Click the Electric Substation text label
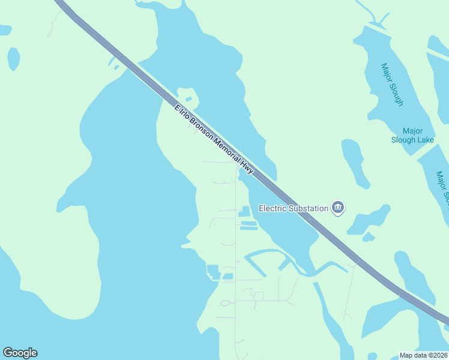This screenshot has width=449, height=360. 294,209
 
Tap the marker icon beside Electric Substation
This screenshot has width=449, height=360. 339,208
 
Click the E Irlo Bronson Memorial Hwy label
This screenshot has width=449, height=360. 214,140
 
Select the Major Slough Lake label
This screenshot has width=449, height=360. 412,136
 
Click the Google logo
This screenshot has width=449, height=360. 20,353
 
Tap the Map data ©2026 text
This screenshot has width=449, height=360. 424,355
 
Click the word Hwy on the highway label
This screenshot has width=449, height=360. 247,167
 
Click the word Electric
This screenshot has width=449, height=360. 271,209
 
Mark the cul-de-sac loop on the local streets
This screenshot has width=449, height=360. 226,303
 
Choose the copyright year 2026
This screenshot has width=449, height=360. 439,355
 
